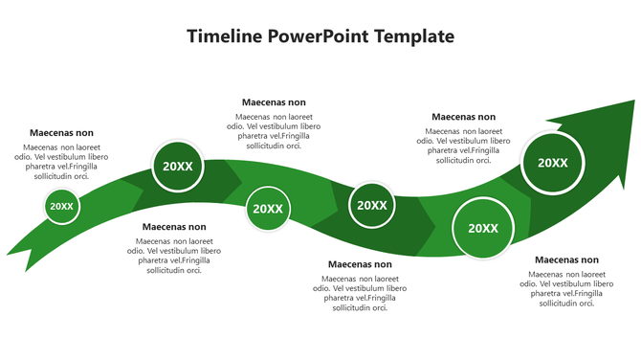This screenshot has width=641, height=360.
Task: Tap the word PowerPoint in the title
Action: [319, 36]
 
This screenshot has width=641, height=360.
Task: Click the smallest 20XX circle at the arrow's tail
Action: [61, 206]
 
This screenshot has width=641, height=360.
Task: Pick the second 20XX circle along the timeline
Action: [178, 166]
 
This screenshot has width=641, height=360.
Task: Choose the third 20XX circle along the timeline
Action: [267, 209]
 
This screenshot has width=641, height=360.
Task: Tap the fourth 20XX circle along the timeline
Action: [371, 205]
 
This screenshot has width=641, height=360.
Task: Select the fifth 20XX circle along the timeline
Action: [483, 228]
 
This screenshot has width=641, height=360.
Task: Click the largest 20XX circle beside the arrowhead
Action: [552, 163]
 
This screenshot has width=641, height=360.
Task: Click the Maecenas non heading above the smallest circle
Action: [62, 133]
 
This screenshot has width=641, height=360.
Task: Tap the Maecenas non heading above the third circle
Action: [274, 102]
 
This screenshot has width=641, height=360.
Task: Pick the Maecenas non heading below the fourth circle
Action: [360, 264]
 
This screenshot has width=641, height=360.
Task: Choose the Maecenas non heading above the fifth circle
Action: [463, 117]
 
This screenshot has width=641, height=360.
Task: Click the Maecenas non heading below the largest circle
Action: [566, 259]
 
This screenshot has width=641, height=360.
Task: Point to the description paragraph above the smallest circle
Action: [62, 162]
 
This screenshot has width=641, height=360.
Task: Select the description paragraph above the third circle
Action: [274, 131]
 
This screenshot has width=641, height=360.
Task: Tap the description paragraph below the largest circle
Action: [566, 288]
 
